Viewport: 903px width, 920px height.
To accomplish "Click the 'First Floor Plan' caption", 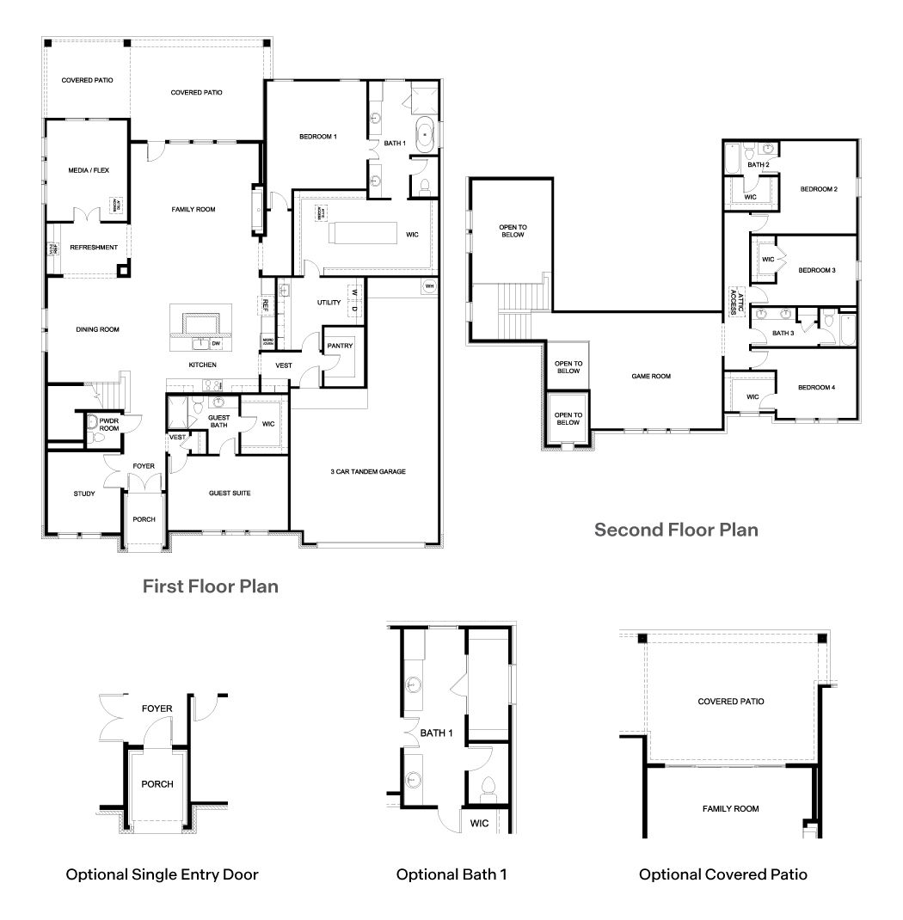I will [x=210, y=586].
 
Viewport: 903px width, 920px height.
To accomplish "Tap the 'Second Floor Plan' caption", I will [x=676, y=529].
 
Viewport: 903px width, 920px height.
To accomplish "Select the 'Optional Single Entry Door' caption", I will [x=163, y=874].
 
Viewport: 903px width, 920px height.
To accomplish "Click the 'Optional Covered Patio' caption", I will [x=722, y=874].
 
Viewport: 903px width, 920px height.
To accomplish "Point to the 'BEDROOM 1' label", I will [x=317, y=137].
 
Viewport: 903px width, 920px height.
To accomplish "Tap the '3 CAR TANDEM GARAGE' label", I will [x=367, y=471].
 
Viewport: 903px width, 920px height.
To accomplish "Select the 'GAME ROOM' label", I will [x=650, y=376].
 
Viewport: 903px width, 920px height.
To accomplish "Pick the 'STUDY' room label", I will [x=84, y=494].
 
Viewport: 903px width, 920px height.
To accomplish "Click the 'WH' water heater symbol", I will [x=429, y=285].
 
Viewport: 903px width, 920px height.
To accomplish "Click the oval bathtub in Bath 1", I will [x=424, y=136].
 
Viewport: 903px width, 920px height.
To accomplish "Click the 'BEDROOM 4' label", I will [x=816, y=388].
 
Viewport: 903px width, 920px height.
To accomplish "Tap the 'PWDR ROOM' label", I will [x=108, y=423].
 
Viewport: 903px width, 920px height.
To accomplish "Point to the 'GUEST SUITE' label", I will [x=230, y=494].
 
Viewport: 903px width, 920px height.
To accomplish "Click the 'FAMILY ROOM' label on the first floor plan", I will [x=193, y=209].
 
